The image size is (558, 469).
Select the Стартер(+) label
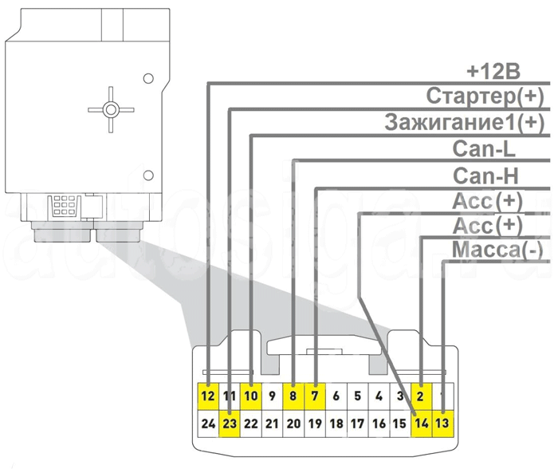(x=484, y=97)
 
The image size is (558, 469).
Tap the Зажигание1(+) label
(x=463, y=123)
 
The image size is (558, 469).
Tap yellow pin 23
(x=230, y=424)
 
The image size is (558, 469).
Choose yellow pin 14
(x=422, y=424)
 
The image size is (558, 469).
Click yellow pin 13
(x=443, y=424)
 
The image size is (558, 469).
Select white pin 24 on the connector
(x=208, y=424)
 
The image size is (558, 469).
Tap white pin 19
(x=315, y=424)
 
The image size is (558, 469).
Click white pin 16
(x=379, y=424)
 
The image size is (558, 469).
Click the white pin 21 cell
(x=272, y=424)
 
